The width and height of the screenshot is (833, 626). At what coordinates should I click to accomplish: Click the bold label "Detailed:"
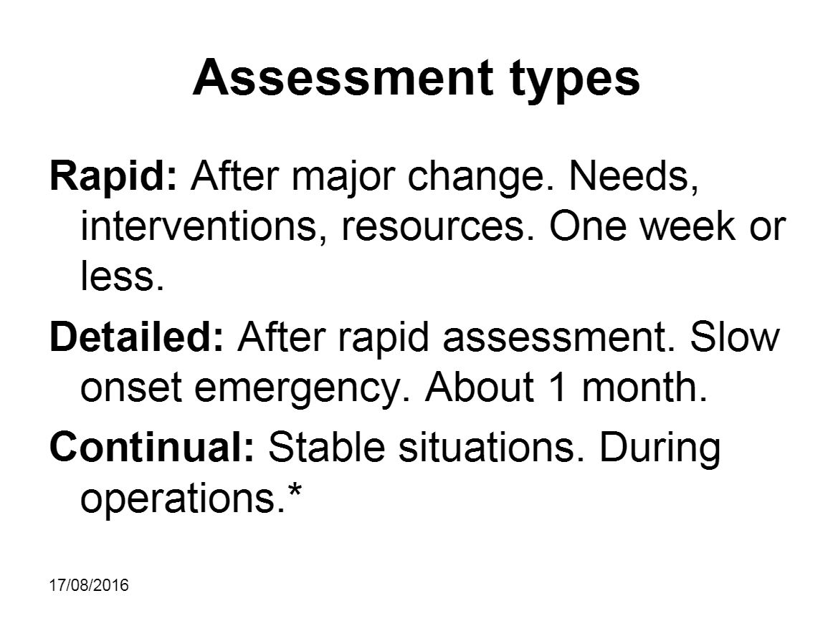pos(135,337)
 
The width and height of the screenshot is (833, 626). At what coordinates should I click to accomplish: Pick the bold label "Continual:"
pos(151,448)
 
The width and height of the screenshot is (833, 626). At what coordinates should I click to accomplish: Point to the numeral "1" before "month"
pos(556,387)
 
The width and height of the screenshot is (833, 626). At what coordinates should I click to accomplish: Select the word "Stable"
pos(325,448)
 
